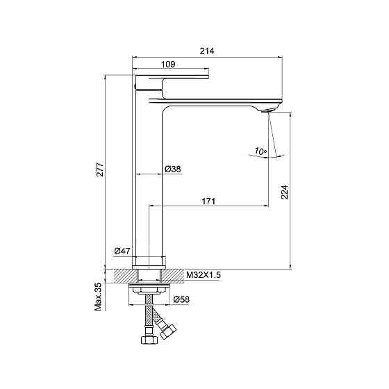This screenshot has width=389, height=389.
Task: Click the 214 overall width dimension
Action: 207,51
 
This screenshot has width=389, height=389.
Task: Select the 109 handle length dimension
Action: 168,64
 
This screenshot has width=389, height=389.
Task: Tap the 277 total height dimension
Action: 100,169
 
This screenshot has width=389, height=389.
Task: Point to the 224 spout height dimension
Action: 285,192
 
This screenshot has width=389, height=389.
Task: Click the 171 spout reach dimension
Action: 208,201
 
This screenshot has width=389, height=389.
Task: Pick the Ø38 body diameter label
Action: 173,169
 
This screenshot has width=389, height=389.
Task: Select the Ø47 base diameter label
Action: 122,251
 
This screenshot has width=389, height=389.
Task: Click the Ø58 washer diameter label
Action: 181,299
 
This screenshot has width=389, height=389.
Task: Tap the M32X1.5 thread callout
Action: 204,275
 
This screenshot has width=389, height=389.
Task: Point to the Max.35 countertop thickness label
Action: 99,297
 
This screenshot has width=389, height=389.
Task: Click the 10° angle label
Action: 260,151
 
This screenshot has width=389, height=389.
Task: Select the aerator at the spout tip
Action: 268,110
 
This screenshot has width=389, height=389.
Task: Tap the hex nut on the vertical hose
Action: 149,340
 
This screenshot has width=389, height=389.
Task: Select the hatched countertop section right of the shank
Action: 172,276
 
